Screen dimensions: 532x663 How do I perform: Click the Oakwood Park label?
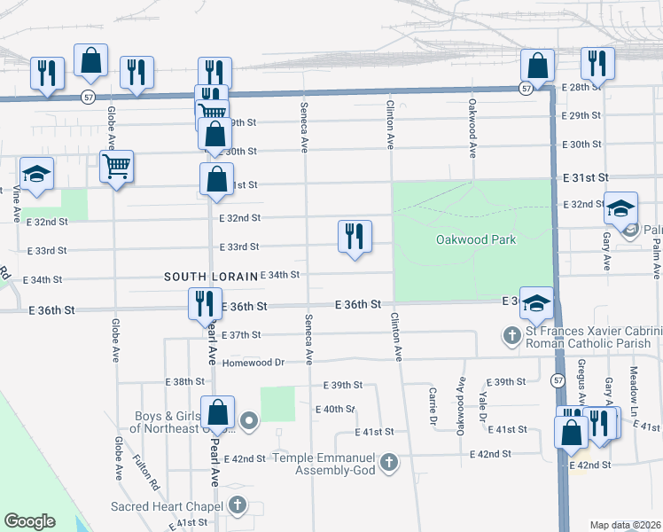pyautogui.click(x=476, y=240)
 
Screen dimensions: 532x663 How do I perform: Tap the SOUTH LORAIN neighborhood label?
pyautogui.click(x=210, y=277)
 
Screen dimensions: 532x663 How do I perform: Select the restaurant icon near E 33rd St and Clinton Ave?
pyautogui.click(x=355, y=237)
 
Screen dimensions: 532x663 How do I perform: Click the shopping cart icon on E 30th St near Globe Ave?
pyautogui.click(x=117, y=166)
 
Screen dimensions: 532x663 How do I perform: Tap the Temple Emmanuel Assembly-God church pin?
pyautogui.click(x=389, y=462)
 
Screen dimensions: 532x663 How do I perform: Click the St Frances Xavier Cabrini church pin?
pyautogui.click(x=511, y=336)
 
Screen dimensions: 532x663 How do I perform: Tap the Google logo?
pyautogui.click(x=29, y=521)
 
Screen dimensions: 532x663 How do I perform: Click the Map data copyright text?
pyautogui.click(x=625, y=525)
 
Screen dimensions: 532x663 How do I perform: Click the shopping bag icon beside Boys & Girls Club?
pyautogui.click(x=217, y=412)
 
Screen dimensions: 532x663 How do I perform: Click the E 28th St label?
pyautogui.click(x=581, y=88)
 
